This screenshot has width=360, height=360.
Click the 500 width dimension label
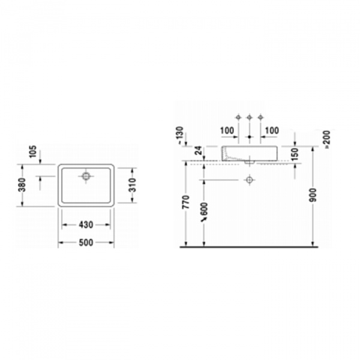[x=86, y=242]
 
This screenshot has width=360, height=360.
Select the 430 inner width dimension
[x=86, y=225]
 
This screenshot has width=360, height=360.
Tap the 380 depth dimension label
[x=22, y=185]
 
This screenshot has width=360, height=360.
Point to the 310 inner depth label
[x=132, y=185]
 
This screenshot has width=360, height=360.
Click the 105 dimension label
[x=33, y=151]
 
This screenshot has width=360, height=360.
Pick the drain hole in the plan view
[x=86, y=176]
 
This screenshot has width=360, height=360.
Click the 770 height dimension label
[x=186, y=202]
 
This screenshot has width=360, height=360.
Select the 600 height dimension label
[x=204, y=209]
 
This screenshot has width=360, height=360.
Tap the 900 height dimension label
[x=313, y=195]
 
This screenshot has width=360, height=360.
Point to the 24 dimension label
[x=199, y=151]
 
